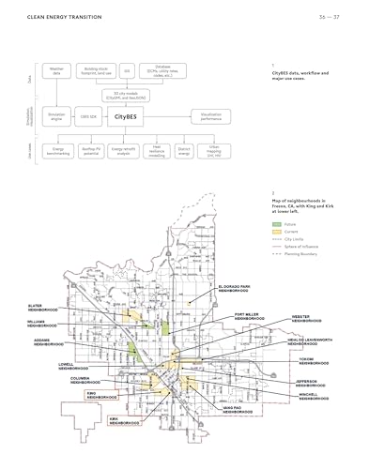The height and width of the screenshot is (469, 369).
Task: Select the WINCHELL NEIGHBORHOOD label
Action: (314, 396)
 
